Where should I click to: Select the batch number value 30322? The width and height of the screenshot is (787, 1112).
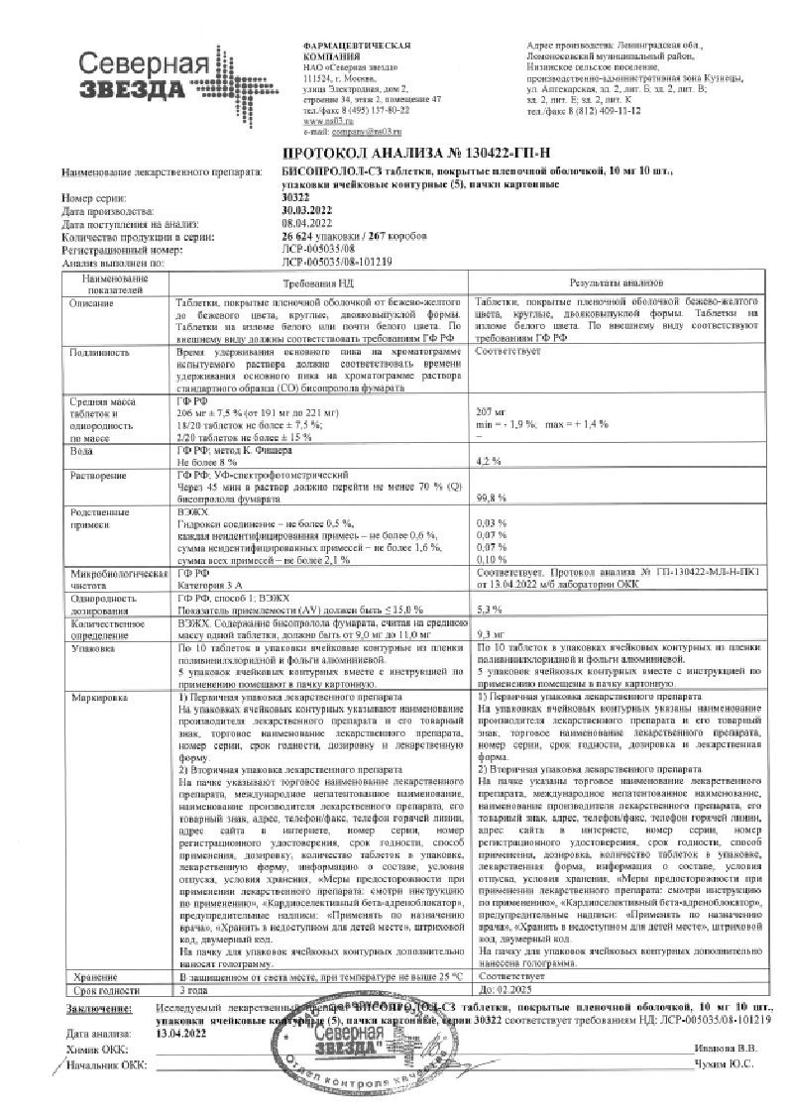288,198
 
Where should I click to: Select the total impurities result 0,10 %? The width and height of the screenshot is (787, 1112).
492,560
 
